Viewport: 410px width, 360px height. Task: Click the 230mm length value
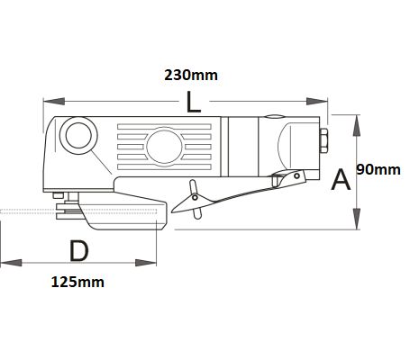(x=191, y=75)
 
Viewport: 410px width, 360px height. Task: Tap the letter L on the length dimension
(x=193, y=102)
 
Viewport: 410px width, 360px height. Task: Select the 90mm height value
(x=378, y=170)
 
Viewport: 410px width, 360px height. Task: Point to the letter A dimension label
(x=341, y=179)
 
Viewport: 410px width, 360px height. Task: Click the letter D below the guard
(x=79, y=251)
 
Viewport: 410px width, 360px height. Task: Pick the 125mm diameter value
(x=77, y=283)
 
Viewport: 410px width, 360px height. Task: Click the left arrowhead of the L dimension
(x=54, y=102)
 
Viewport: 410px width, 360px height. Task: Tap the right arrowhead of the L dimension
(x=316, y=102)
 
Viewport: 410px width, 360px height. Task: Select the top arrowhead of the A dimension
(x=357, y=125)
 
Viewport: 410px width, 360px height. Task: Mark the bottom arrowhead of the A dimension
(x=357, y=219)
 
